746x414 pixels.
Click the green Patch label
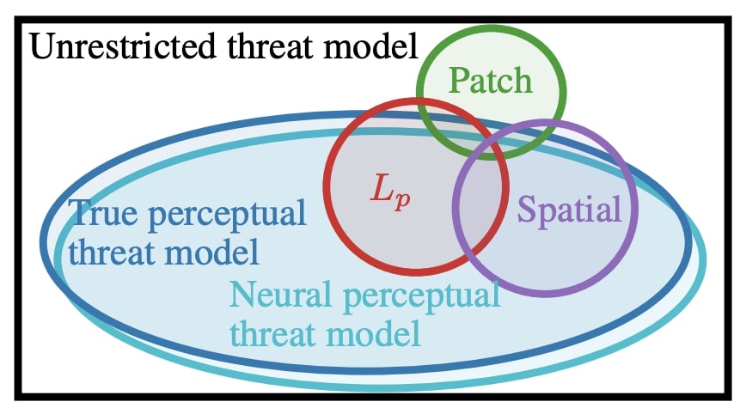[x=491, y=82]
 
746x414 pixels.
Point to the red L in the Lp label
[x=380, y=187]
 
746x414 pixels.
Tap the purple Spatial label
[x=569, y=209]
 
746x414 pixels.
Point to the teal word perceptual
[x=419, y=297]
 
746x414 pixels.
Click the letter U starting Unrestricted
[x=40, y=46]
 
